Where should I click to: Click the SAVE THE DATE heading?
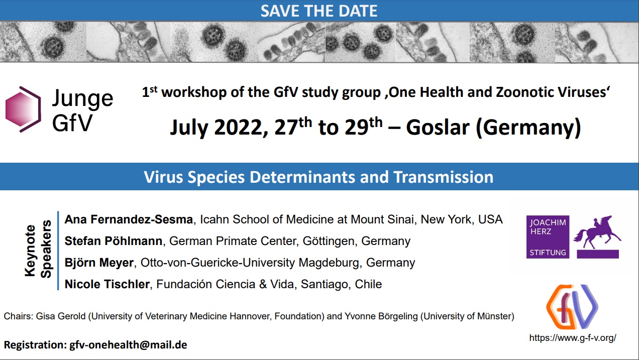319,11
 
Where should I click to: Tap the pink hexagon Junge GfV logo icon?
23,109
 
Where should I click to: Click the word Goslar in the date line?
438,127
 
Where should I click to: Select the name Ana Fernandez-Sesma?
129,219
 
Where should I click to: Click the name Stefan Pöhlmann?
113,241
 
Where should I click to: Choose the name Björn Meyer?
99,263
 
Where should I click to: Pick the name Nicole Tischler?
107,284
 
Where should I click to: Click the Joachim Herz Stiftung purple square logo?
548,237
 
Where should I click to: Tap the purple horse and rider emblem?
597,237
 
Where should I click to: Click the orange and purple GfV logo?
572,307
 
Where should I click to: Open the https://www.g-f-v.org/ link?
573,338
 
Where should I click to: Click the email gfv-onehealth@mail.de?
129,345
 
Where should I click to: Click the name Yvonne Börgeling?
381,316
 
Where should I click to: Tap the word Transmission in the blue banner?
444,177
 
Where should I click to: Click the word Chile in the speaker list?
368,284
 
